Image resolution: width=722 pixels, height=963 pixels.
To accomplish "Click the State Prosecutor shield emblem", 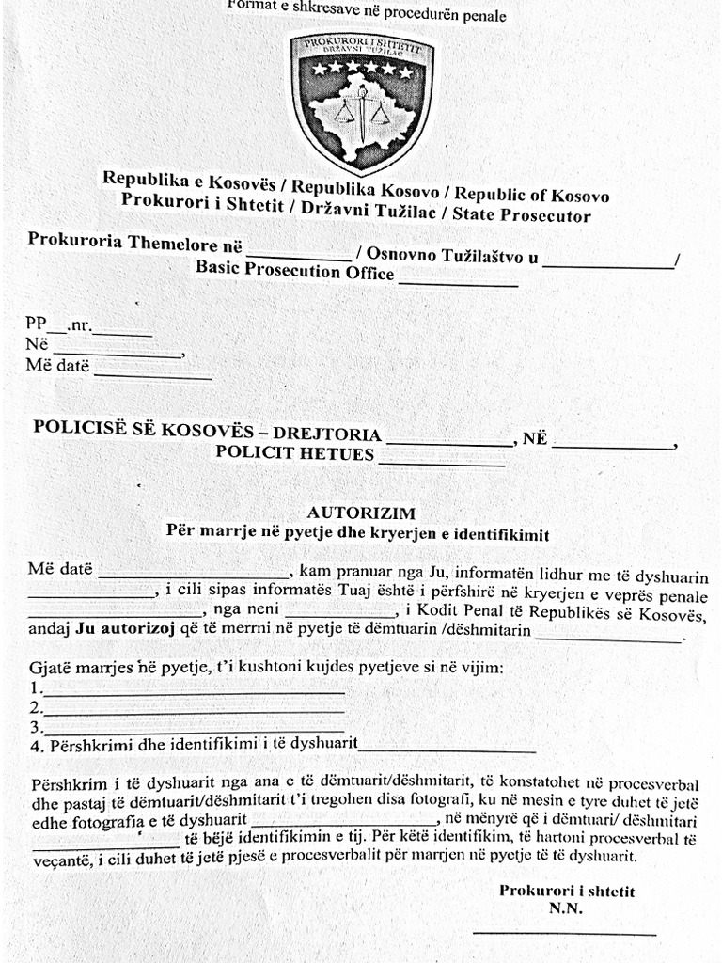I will (362, 99).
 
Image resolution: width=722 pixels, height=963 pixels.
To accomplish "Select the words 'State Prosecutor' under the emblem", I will (522, 215).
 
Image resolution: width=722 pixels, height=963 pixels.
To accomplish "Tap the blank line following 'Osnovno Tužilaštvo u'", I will (609, 266).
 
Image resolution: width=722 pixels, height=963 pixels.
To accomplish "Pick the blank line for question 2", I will (194, 712).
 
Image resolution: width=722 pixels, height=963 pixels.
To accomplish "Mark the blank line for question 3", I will (194, 731).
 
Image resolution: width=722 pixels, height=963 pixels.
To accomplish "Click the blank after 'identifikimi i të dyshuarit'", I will (447, 751).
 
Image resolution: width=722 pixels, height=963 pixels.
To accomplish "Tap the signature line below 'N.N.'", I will (564, 933).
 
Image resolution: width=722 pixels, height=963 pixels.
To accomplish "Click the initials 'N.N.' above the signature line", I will (566, 908).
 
